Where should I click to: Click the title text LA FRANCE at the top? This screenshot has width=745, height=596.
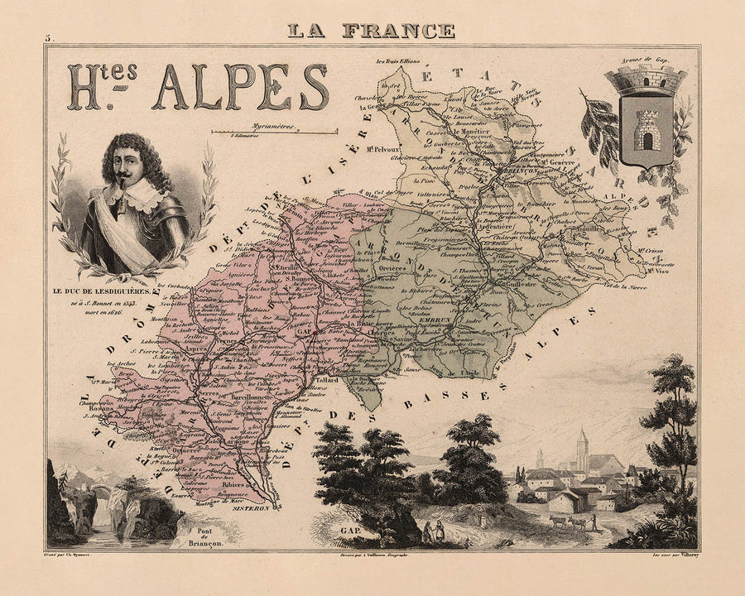tap(372, 31)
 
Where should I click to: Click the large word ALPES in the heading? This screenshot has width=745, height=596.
tap(241, 87)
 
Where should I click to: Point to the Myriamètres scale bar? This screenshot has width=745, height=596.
tap(274, 132)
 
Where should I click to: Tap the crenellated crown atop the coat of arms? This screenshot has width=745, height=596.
tap(646, 80)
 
